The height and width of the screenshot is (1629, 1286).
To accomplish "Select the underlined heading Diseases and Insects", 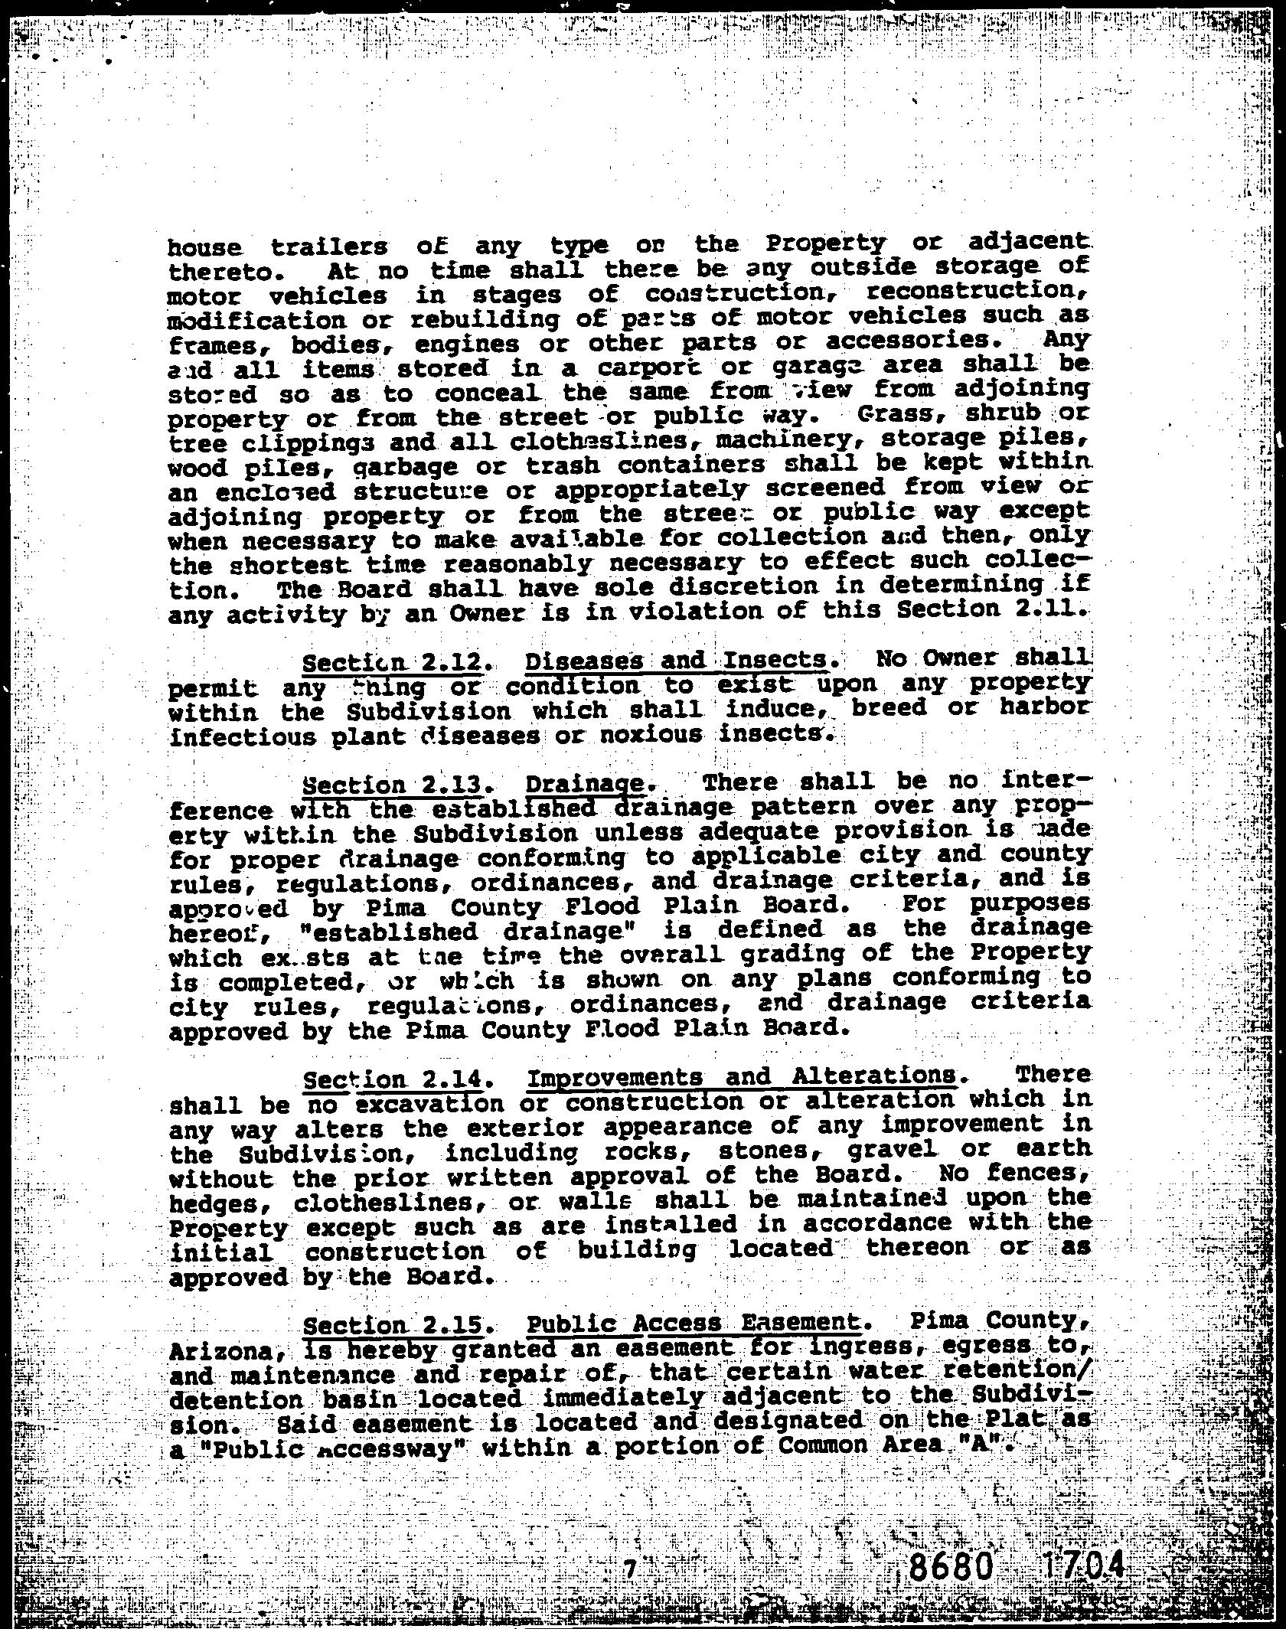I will [x=677, y=660].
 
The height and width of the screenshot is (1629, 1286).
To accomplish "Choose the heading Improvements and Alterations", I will [x=742, y=1076].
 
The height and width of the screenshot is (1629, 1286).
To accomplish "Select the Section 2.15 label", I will [x=393, y=1325].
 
